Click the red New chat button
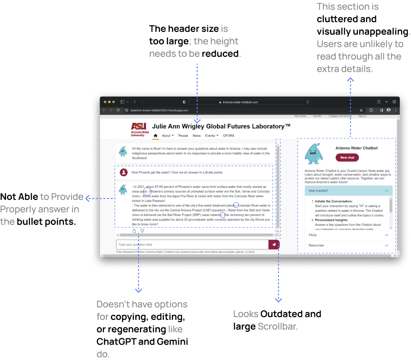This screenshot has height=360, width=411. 347,157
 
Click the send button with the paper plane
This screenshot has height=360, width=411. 274,245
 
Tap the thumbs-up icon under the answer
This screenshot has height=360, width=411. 134,231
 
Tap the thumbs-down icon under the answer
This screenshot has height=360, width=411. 142,231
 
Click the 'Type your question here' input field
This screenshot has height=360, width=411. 192,245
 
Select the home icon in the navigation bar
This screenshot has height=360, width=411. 156,136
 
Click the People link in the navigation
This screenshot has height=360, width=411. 183,136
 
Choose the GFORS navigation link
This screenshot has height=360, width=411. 229,136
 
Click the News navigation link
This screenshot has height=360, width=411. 197,136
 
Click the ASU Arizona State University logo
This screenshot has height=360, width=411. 139,129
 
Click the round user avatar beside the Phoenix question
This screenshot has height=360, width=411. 124,172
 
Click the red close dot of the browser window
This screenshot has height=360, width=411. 105,102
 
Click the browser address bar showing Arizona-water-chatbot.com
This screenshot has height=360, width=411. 240,102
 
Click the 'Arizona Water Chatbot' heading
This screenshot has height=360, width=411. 356,148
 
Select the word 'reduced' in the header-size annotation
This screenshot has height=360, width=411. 221,54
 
